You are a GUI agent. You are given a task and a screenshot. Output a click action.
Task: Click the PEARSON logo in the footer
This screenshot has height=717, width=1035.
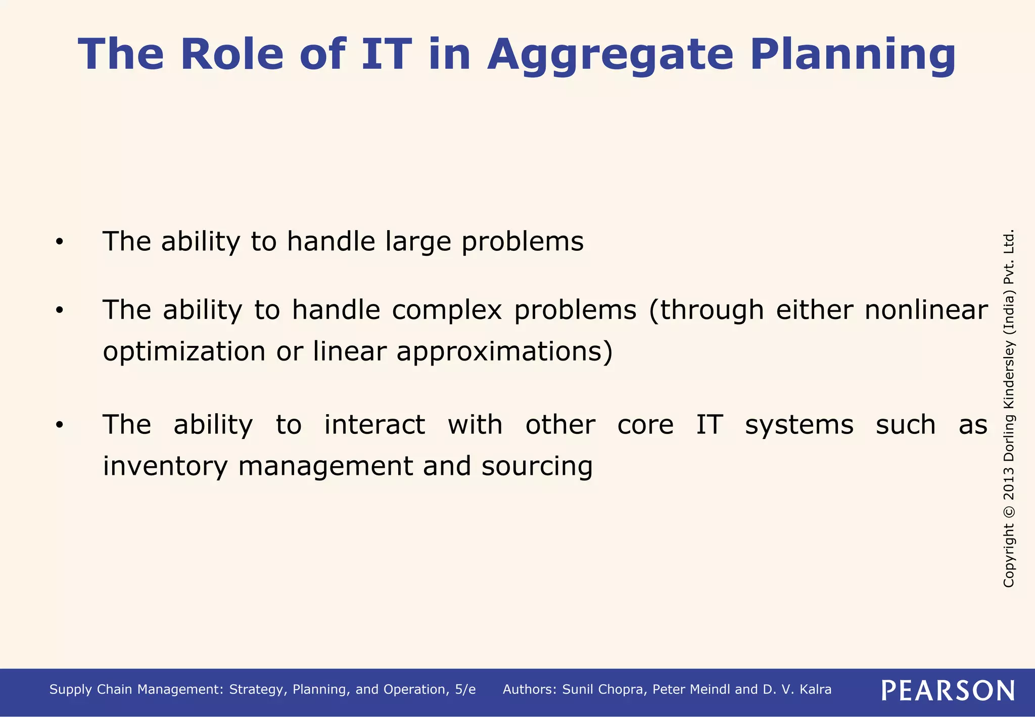pyautogui.click(x=948, y=690)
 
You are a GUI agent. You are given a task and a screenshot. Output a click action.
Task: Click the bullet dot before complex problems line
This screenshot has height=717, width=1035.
pyautogui.click(x=60, y=311)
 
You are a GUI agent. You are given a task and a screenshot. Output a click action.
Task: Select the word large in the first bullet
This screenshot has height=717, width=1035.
pyautogui.click(x=417, y=242)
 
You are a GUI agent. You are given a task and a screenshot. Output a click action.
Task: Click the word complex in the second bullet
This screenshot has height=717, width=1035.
pyautogui.click(x=447, y=310)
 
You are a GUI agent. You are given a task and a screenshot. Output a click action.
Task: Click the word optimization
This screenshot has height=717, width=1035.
pyautogui.click(x=184, y=351)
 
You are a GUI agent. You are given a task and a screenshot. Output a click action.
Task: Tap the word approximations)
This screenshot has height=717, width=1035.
pyautogui.click(x=504, y=351)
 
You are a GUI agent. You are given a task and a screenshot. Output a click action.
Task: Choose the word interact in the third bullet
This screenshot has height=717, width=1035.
pyautogui.click(x=374, y=425)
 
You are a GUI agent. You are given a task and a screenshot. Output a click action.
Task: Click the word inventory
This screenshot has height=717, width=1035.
pyautogui.click(x=165, y=466)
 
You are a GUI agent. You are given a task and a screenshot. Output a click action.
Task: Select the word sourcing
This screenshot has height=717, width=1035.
pyautogui.click(x=537, y=466)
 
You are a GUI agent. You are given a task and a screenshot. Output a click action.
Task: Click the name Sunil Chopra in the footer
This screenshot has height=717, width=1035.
pyautogui.click(x=604, y=690)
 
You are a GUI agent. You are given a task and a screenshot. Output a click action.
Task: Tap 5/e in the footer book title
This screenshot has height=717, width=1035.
pyautogui.click(x=465, y=690)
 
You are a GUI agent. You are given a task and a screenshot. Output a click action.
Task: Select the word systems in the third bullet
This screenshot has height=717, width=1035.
pyautogui.click(x=799, y=425)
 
